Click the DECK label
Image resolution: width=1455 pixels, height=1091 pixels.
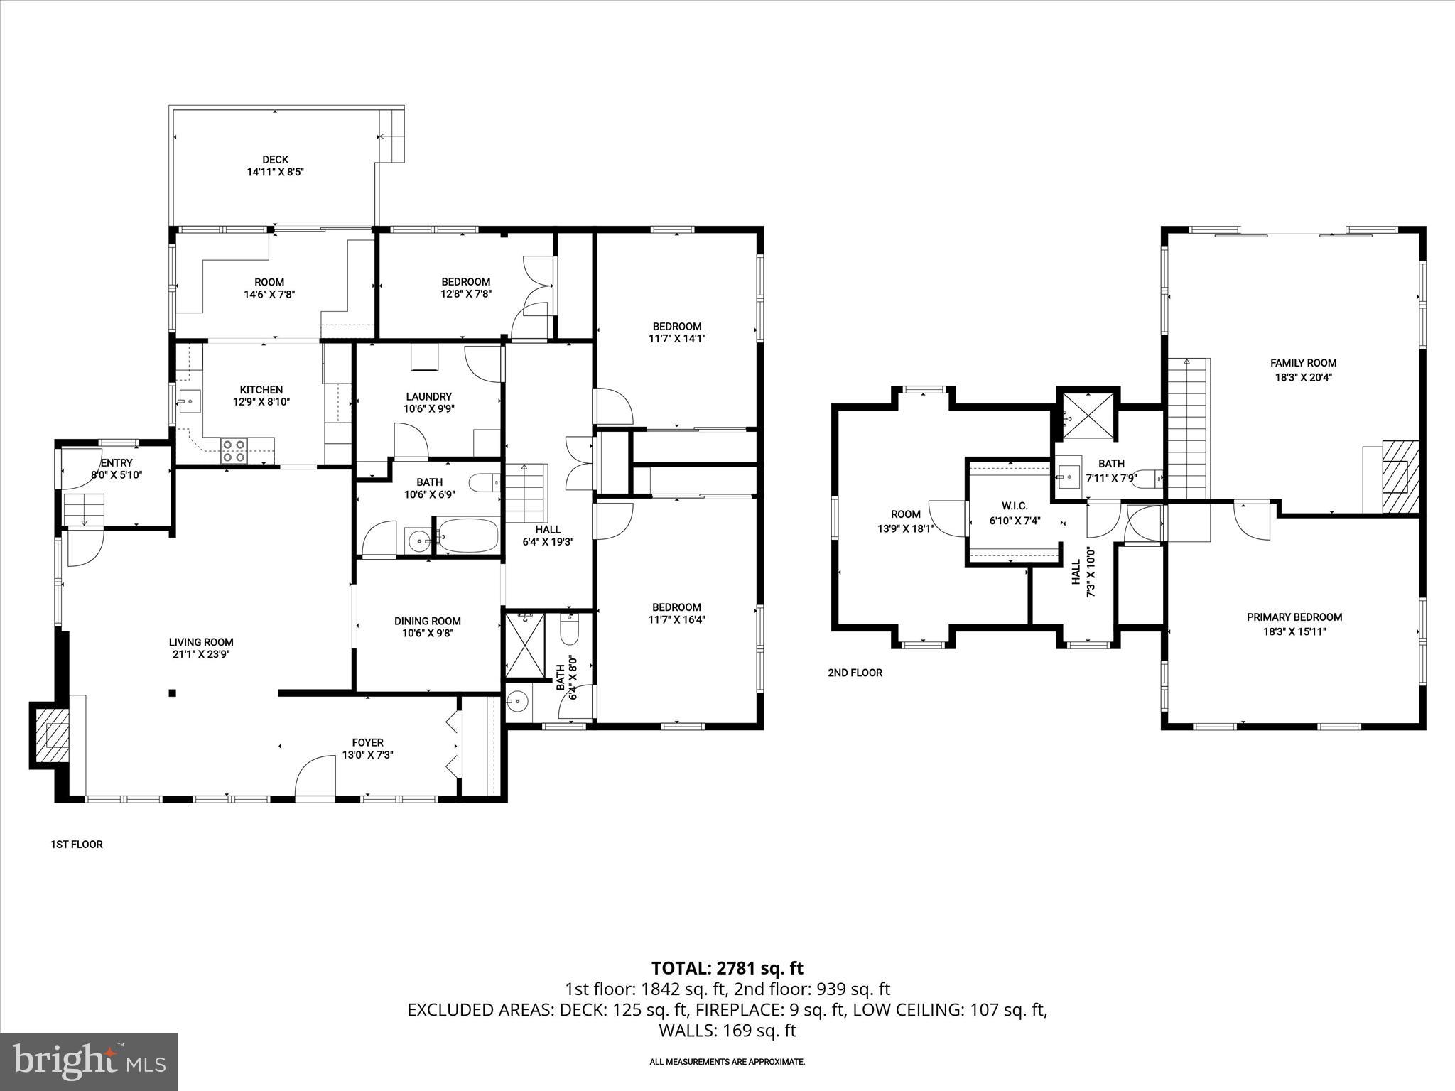pyautogui.click(x=275, y=160)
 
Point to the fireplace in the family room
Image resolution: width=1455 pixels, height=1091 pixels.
pyautogui.click(x=1400, y=477)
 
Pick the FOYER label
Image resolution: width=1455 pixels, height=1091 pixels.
pyautogui.click(x=367, y=743)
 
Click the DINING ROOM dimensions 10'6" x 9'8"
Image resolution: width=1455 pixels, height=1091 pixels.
pyautogui.click(x=427, y=633)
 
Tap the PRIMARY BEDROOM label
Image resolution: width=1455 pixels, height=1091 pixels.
pyautogui.click(x=1294, y=617)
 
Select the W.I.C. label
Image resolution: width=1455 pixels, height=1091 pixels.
pyautogui.click(x=1014, y=506)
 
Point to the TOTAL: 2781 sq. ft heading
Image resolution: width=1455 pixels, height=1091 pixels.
pyautogui.click(x=727, y=968)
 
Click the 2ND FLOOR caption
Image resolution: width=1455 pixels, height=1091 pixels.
pyautogui.click(x=855, y=673)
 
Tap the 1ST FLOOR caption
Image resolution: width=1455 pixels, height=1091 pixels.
pyautogui.click(x=77, y=845)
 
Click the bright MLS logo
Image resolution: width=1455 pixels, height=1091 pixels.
pyautogui.click(x=88, y=1061)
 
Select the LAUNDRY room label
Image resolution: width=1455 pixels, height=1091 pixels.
pyautogui.click(x=428, y=396)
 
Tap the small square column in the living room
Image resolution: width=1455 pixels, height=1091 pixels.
pyautogui.click(x=172, y=693)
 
